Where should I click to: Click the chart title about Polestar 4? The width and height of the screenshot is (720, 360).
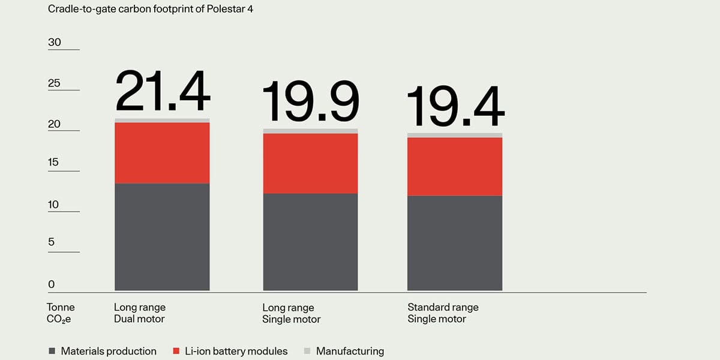tap(151, 9)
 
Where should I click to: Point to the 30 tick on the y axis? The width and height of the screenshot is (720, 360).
tap(55, 42)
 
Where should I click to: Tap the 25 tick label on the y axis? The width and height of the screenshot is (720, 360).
tap(54, 83)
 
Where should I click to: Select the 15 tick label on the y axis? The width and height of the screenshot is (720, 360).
tap(53, 162)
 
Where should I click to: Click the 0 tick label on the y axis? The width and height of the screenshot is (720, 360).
tap(52, 284)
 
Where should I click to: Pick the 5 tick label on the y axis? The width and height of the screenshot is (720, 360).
tap(52, 242)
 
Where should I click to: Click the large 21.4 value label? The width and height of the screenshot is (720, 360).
tap(163, 91)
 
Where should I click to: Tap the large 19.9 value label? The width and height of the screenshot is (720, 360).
tap(311, 101)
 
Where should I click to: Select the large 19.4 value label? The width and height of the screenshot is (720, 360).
tap(455, 106)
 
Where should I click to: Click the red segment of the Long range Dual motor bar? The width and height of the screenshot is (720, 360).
tap(163, 153)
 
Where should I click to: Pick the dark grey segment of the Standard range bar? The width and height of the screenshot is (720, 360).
tap(455, 244)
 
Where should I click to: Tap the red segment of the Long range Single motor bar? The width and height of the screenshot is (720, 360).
tap(311, 164)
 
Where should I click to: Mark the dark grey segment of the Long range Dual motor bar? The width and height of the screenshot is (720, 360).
tap(163, 237)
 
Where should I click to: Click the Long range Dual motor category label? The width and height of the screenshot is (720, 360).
tap(140, 313)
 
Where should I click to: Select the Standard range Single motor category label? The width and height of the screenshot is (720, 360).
tap(443, 313)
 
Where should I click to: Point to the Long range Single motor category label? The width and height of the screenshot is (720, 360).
tap(291, 313)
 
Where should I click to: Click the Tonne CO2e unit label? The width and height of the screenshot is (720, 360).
tap(61, 313)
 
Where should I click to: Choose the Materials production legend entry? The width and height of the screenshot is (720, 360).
tap(103, 351)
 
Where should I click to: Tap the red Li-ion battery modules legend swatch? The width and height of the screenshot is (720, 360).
tap(176, 351)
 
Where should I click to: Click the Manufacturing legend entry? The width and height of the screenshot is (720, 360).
tap(344, 351)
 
